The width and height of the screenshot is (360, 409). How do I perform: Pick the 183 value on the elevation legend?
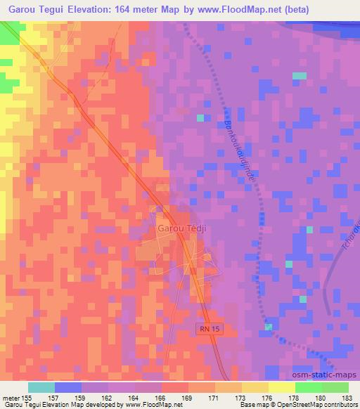point(347,398)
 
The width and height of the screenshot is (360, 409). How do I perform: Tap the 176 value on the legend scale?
point(269,398)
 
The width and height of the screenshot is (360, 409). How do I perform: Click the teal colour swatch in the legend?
point(41,387)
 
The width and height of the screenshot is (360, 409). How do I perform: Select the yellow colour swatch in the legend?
point(282,387)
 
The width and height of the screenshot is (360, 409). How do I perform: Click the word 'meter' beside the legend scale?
point(11,398)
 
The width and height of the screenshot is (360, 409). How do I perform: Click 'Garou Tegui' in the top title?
point(39,10)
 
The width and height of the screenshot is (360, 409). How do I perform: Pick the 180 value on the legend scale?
point(321,398)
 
